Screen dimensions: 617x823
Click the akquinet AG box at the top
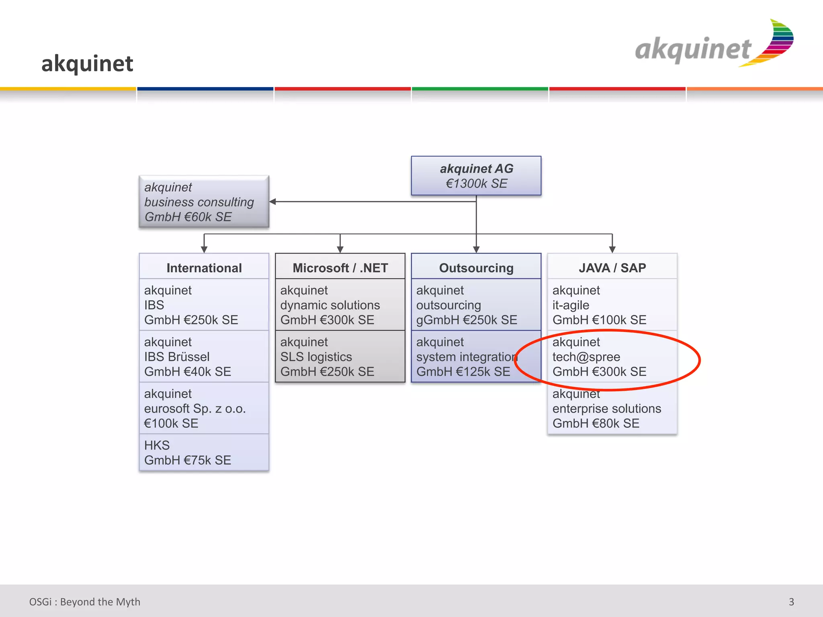pyautogui.click(x=476, y=176)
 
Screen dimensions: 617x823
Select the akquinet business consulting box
pyautogui.click(x=204, y=202)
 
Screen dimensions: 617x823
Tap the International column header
pyautogui.click(x=204, y=268)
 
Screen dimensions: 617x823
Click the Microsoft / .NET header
pyautogui.click(x=340, y=268)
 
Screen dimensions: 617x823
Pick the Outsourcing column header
pyautogui.click(x=476, y=268)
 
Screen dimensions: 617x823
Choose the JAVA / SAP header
pyautogui.click(x=612, y=268)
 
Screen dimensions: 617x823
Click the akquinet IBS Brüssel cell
pyautogui.click(x=204, y=357)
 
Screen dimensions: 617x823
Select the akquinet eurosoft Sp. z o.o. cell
pyautogui.click(x=204, y=408)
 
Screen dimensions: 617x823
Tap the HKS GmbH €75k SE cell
pyautogui.click(x=204, y=453)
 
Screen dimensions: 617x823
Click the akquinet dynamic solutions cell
pyautogui.click(x=340, y=305)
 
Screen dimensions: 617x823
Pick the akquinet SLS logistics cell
pyautogui.click(x=340, y=357)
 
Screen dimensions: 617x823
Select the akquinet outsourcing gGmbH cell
pyautogui.click(x=476, y=305)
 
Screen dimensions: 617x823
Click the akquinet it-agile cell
pyautogui.click(x=612, y=305)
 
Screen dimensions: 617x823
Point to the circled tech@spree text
pyautogui.click(x=586, y=357)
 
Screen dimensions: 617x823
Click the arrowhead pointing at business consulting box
pyautogui.click(x=273, y=202)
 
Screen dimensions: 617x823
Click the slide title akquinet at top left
pyautogui.click(x=87, y=63)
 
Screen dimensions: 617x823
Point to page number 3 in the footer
pyautogui.click(x=791, y=602)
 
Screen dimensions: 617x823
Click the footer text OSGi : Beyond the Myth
pyautogui.click(x=85, y=602)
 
